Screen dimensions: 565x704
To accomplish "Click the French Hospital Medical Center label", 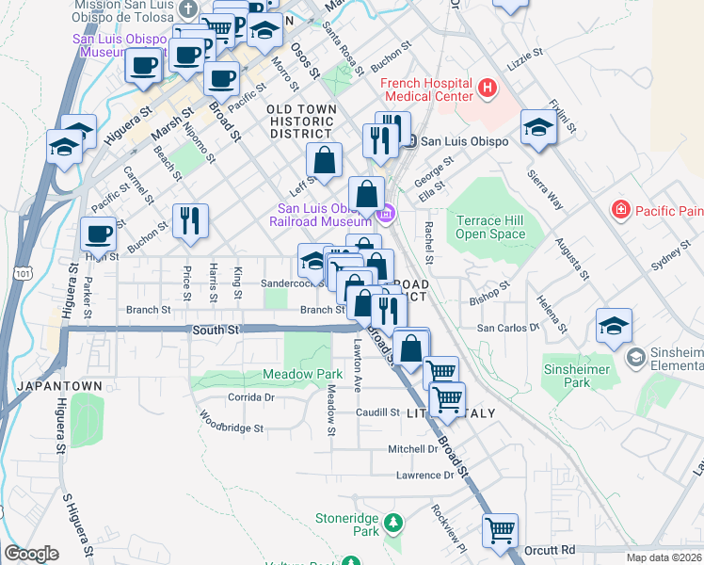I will [x=425, y=89].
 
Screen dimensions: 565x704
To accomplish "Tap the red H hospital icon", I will [x=487, y=89].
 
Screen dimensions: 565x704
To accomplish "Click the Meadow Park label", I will [x=315, y=374].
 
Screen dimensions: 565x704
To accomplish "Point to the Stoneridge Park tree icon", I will [x=396, y=522].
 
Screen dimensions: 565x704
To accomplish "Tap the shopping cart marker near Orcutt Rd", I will [x=501, y=529].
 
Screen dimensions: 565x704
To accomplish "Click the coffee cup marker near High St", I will [x=98, y=233].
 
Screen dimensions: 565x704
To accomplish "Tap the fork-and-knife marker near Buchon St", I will [x=191, y=219].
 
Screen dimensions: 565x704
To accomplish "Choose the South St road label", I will [x=216, y=331].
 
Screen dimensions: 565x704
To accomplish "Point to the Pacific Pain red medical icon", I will [x=620, y=208].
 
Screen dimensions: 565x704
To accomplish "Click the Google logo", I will [x=32, y=554].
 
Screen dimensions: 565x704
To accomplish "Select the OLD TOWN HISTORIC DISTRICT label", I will [x=302, y=121].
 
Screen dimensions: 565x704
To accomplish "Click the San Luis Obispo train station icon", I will [x=409, y=141].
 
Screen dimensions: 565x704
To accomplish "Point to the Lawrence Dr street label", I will [x=424, y=476].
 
